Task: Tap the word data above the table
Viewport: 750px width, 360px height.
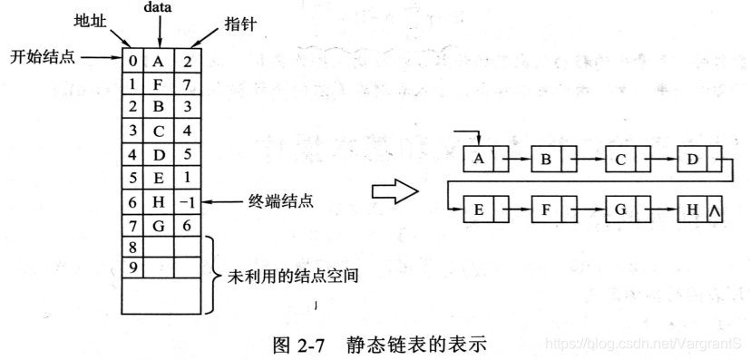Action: click(x=159, y=6)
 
